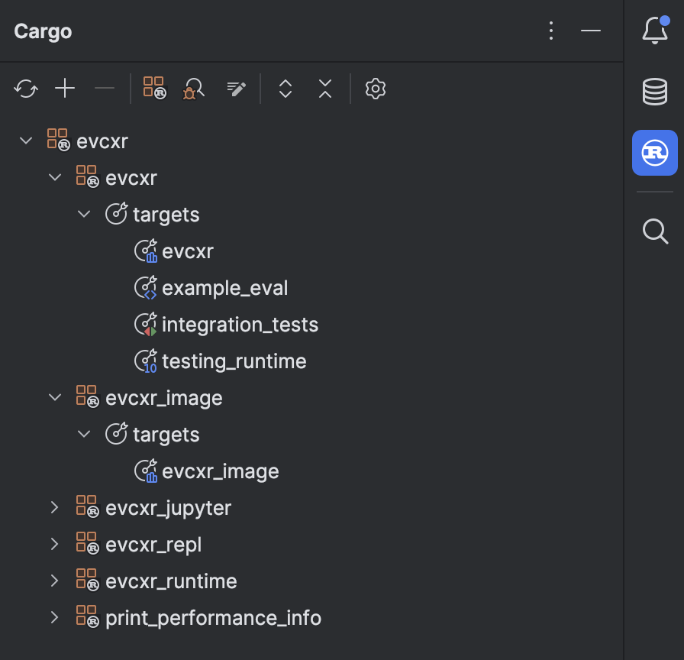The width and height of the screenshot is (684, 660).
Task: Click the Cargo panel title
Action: pyautogui.click(x=43, y=31)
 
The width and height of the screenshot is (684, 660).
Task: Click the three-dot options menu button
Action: pyautogui.click(x=551, y=31)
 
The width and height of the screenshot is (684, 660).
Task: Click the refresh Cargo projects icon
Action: pyautogui.click(x=26, y=89)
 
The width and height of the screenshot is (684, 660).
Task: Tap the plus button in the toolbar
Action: pyautogui.click(x=65, y=89)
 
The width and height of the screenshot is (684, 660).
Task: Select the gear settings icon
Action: pyautogui.click(x=375, y=89)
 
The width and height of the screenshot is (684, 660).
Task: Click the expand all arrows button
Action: pyautogui.click(x=286, y=89)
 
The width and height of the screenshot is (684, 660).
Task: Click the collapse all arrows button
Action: pyautogui.click(x=325, y=89)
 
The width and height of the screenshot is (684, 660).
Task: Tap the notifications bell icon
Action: pyautogui.click(x=655, y=31)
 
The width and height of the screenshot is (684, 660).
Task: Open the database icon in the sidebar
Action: pyautogui.click(x=655, y=92)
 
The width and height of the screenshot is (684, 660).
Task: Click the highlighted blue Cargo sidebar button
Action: pyautogui.click(x=655, y=153)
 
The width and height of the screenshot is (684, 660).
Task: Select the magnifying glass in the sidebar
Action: pyautogui.click(x=655, y=230)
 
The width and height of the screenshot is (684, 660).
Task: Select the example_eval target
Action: pyautogui.click(x=225, y=288)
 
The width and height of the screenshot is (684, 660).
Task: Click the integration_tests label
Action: pyautogui.click(x=240, y=325)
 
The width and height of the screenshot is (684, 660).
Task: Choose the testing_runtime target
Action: pyautogui.click(x=234, y=361)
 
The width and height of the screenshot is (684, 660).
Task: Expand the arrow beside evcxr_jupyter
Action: pyautogui.click(x=54, y=507)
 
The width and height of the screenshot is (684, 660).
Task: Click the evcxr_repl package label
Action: pyautogui.click(x=153, y=545)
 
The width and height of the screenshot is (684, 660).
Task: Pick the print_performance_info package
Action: pyautogui.click(x=213, y=618)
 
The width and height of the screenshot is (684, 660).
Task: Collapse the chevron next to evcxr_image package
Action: pyautogui.click(x=54, y=397)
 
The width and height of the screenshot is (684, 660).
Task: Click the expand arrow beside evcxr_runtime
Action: pyautogui.click(x=54, y=581)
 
